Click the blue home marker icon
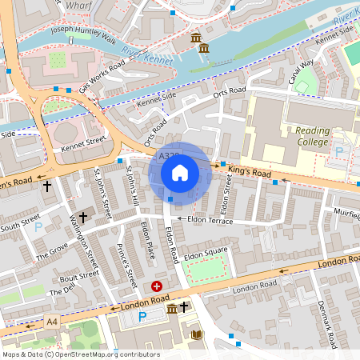coord(180,173)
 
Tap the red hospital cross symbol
coord(157,286)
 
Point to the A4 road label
coord(52,322)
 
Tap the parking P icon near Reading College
coord(338,151)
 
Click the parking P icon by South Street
coord(38,226)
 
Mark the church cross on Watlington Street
coord(82,217)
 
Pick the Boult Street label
coord(78,275)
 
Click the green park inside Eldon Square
coord(207,271)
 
